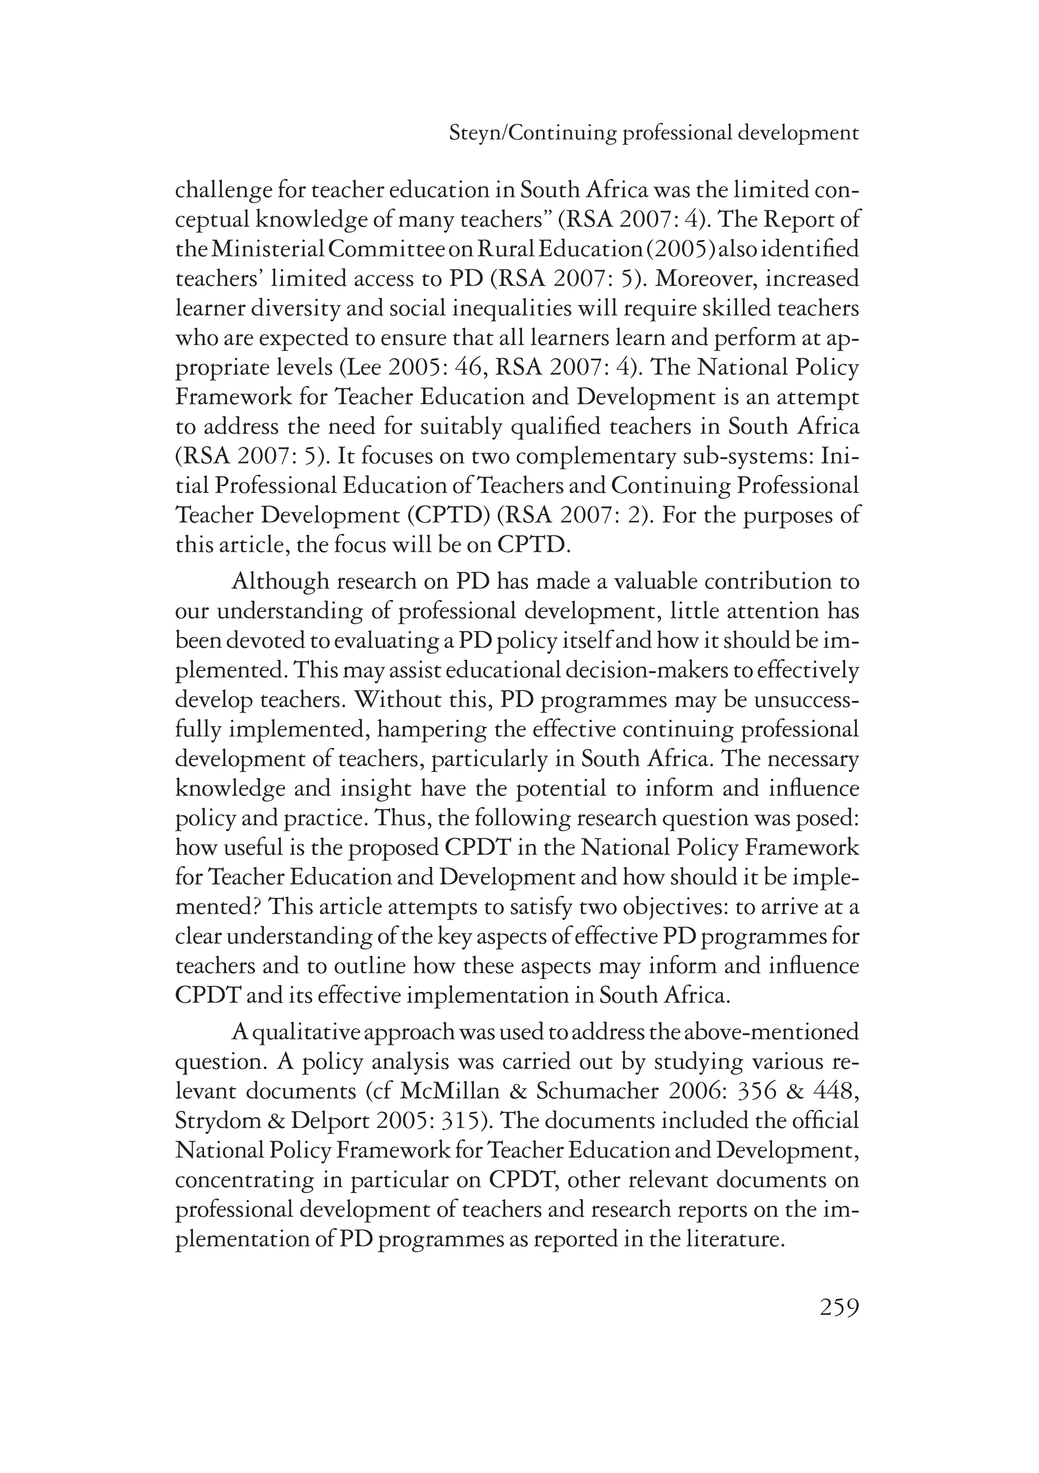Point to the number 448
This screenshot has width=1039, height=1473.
pos(831,1091)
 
